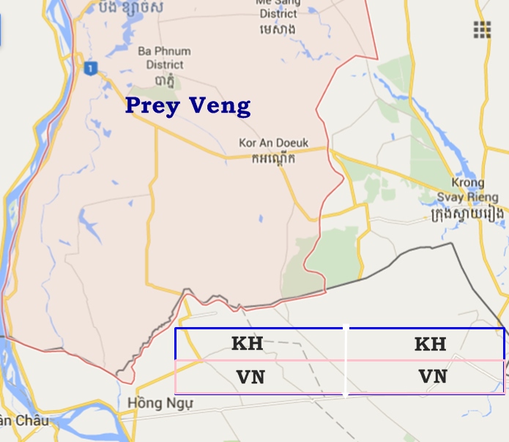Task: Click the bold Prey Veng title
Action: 187,106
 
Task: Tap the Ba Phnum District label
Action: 165,58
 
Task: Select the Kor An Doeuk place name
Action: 274,143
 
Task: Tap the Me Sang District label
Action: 278,7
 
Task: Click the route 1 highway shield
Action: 90,69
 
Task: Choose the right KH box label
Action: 430,344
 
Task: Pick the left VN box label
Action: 250,378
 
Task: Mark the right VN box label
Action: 433,377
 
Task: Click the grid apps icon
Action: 481,29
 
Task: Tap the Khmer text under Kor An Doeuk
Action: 273,158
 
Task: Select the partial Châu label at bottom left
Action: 14,421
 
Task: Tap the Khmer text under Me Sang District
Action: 278,30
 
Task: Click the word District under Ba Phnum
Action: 165,64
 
